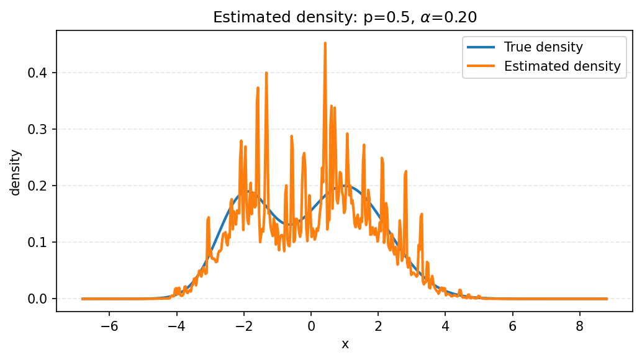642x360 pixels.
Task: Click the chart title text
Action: point(345,17)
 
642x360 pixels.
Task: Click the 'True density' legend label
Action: point(543,47)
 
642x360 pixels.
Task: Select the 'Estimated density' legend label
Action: point(562,66)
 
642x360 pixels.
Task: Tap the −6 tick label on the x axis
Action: point(109,325)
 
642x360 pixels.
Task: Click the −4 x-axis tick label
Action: point(176,325)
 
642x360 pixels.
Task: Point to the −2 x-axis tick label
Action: point(243,325)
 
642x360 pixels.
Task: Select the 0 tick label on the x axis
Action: point(311,325)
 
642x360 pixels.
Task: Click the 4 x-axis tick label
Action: point(445,325)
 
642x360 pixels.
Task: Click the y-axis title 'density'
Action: point(16,172)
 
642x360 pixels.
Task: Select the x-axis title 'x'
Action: point(345,344)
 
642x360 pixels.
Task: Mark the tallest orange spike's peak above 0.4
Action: point(325,43)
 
